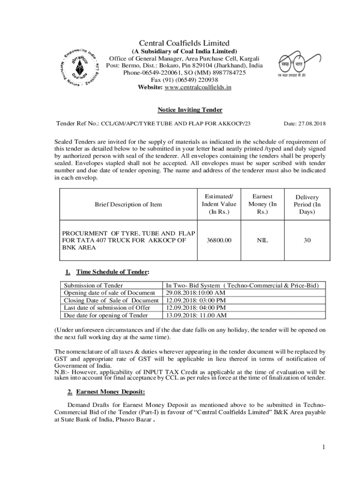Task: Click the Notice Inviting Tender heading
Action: pos(189,110)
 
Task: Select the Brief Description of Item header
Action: pos(128,204)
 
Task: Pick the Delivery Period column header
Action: pos(307,204)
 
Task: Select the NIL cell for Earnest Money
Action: pos(263,240)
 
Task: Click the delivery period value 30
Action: pos(307,240)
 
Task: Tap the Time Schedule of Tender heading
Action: pos(112,272)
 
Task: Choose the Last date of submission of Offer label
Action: pos(107,307)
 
